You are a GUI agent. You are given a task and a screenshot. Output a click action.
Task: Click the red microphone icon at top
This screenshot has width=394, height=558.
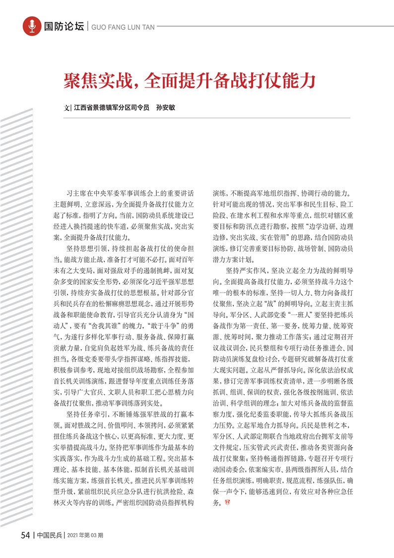pos(32,26)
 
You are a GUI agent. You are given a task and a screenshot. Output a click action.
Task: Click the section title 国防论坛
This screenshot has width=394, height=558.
pos(64,26)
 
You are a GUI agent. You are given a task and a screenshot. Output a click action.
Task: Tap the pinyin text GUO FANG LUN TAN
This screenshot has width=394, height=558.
pos(117,27)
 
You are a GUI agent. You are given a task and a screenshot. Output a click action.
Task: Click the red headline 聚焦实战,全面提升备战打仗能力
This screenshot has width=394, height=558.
pos(189,79)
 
